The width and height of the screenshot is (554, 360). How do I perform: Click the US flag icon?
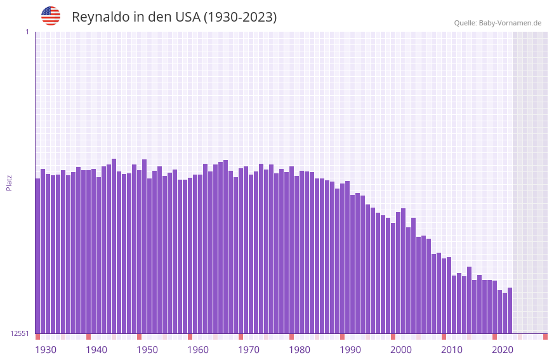pos(51,16)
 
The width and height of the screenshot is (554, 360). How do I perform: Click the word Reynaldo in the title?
pos(100,17)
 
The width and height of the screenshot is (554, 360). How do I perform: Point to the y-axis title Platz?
pos(9,182)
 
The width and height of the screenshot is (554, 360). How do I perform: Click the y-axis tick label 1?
pos(27,32)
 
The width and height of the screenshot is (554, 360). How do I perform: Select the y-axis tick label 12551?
pos(21,333)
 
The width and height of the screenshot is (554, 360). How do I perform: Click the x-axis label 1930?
pos(46,350)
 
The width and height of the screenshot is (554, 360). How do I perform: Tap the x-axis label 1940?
pos(96,350)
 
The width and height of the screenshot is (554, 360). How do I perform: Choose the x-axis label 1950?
pos(147,350)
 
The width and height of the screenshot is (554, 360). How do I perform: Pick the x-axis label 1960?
pos(198,350)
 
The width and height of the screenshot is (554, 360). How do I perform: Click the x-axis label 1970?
pos(249,350)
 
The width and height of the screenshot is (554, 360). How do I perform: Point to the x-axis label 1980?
pos(300,350)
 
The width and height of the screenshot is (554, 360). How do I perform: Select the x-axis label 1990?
pos(350,350)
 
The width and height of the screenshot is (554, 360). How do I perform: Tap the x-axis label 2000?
pos(401,350)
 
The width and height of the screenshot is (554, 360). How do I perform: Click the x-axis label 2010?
pos(452,350)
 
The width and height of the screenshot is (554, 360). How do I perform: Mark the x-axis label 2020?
pos(503,350)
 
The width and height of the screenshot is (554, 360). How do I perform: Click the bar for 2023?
pos(510,310)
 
